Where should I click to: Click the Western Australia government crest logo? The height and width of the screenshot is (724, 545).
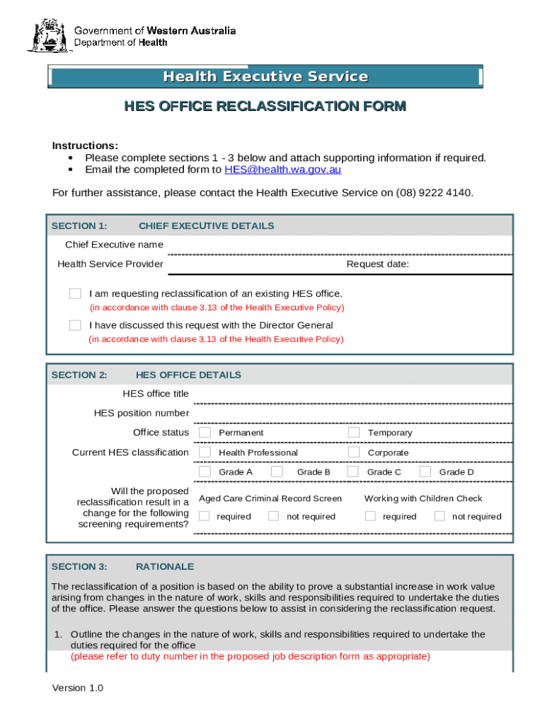[47, 35]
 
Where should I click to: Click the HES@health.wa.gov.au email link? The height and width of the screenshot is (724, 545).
[282, 170]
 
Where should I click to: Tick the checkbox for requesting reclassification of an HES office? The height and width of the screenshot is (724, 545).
[75, 293]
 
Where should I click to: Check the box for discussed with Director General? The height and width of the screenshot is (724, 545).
[75, 325]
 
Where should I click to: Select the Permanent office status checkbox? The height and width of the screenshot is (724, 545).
[205, 432]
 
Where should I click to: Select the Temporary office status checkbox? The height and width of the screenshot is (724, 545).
[354, 432]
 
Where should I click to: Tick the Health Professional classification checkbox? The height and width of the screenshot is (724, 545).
[205, 452]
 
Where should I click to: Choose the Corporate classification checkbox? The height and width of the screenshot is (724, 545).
[354, 452]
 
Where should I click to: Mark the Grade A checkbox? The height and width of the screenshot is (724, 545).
[205, 472]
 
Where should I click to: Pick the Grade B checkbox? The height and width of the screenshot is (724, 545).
[277, 472]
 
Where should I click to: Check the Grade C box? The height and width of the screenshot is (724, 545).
[354, 472]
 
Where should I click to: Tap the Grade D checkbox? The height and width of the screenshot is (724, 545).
[425, 472]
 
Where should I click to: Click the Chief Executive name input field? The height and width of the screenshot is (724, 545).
[340, 245]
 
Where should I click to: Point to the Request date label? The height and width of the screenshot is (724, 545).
[377, 264]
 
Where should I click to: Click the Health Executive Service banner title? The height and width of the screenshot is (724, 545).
[265, 76]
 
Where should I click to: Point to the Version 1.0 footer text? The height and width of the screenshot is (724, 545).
[78, 688]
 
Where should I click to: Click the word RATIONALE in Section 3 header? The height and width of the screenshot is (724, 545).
[165, 566]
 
